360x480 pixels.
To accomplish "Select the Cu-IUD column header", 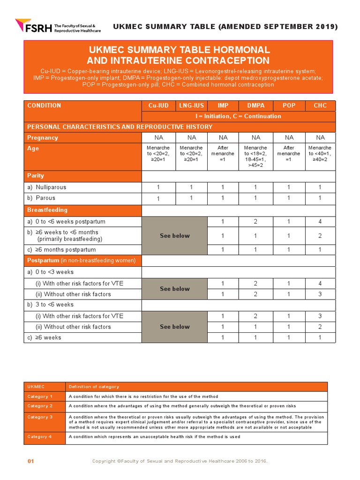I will click(x=158, y=105).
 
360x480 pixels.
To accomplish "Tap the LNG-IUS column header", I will click(x=191, y=105).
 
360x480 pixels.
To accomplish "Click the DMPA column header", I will click(x=256, y=105).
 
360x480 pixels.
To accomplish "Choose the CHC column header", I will click(x=320, y=105).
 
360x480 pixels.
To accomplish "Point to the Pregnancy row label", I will click(x=43, y=138).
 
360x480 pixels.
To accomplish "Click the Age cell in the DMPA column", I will click(x=256, y=157).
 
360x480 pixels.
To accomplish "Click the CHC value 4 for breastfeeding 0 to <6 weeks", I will click(x=320, y=222).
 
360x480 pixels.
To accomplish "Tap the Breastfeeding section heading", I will click(x=47, y=210).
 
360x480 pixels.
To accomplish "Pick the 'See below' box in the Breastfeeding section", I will click(x=174, y=236).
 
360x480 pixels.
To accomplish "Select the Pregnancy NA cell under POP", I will click(x=289, y=138).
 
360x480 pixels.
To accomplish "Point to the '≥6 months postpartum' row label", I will click(x=61, y=250).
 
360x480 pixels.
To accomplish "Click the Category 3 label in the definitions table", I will click(x=40, y=417).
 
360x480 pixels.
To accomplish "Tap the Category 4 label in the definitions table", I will click(x=40, y=437).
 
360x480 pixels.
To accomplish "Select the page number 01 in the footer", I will click(x=31, y=461).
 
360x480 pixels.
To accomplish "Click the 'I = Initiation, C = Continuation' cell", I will click(x=239, y=116).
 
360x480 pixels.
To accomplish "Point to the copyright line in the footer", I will click(x=180, y=461).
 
